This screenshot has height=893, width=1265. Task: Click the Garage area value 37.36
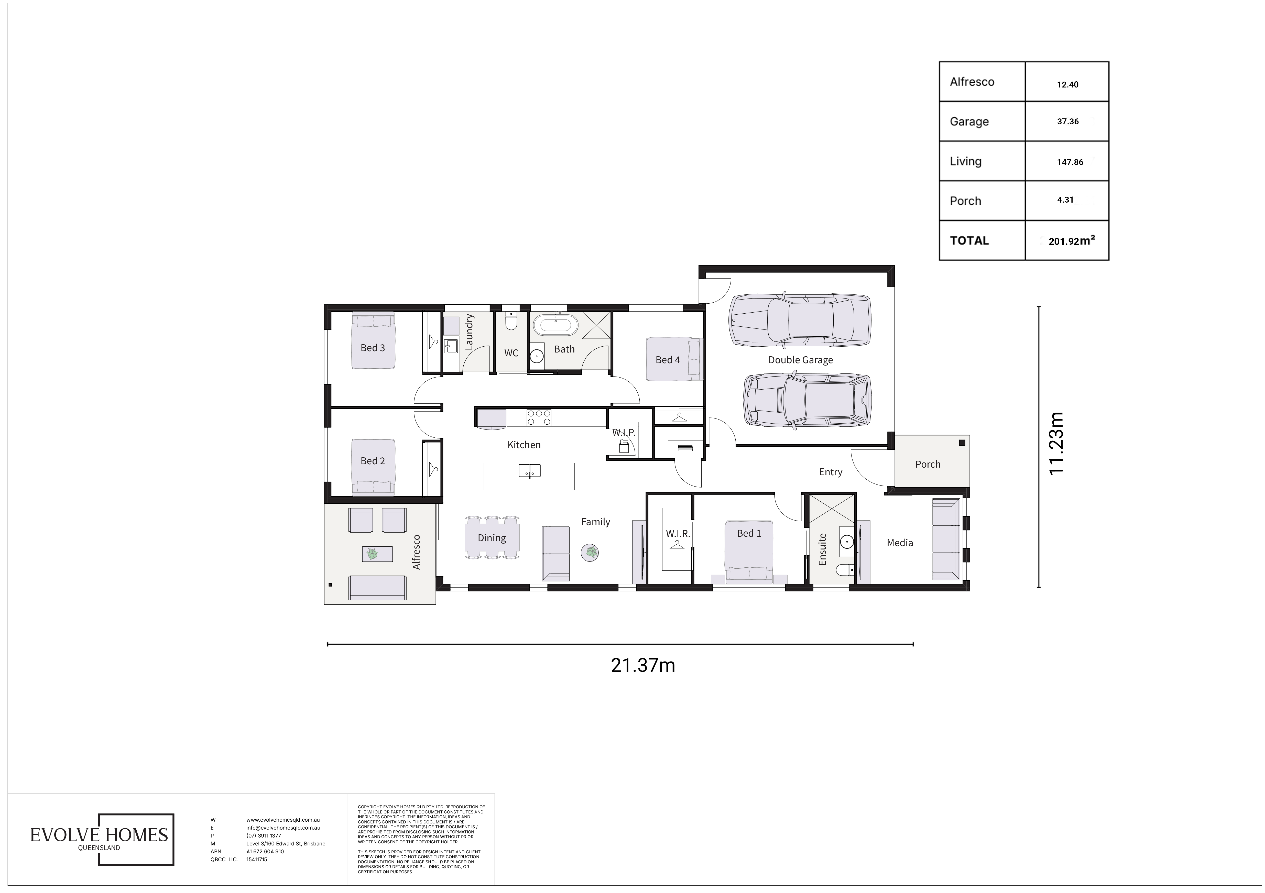[1067, 122]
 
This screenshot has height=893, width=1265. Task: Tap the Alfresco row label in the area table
[972, 82]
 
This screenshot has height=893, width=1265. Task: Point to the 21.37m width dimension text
[643, 666]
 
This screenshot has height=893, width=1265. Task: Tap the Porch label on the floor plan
[928, 464]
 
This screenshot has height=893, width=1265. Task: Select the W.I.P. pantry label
[624, 433]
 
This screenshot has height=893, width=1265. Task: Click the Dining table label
[492, 538]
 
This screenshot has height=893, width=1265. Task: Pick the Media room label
[900, 543]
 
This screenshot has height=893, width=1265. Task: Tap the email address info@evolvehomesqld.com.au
[283, 828]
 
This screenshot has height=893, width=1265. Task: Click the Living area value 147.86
[1070, 162]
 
